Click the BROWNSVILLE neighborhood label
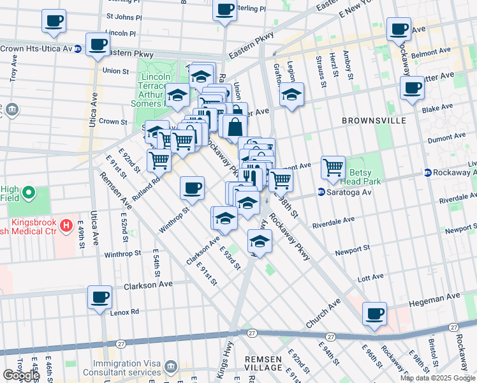tap(371, 120)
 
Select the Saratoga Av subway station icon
tap(322, 191)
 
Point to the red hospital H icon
tap(66, 224)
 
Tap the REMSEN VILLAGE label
tap(263, 364)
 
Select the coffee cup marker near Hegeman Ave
tap(375, 313)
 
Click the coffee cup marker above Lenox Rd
tap(100, 297)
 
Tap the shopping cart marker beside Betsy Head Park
tap(333, 168)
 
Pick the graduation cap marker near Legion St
tap(291, 94)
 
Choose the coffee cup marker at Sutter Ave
tap(413, 87)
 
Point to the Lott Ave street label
tap(371, 278)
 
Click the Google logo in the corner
tap(20, 375)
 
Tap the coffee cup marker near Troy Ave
tap(54, 20)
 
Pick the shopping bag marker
tap(235, 126)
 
